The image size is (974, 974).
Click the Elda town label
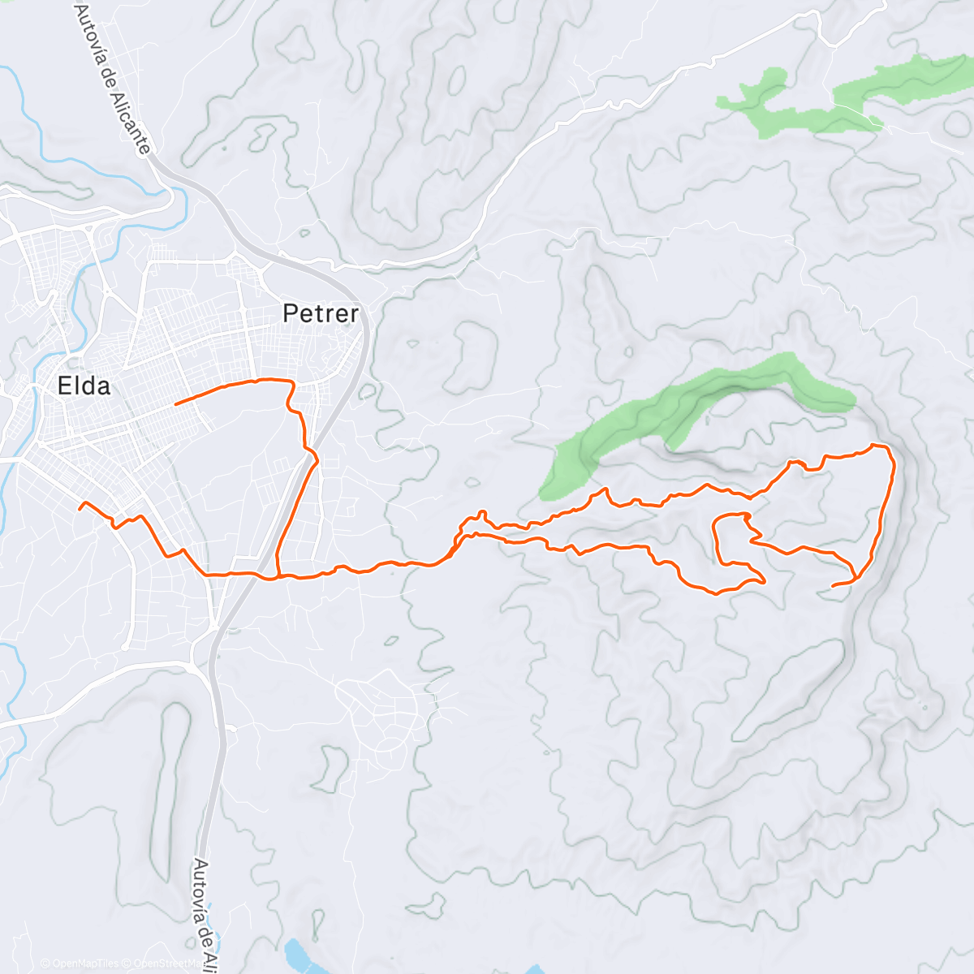(84, 386)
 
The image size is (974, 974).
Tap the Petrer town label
(321, 313)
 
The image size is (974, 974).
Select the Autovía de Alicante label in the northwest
(113, 77)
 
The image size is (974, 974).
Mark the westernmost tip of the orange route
(79, 506)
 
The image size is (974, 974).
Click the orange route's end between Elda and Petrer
(176, 403)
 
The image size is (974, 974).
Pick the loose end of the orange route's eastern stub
(834, 585)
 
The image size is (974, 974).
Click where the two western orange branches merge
(278, 576)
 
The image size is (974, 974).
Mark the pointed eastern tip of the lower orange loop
(764, 580)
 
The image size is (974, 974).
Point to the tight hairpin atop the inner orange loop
(746, 516)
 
